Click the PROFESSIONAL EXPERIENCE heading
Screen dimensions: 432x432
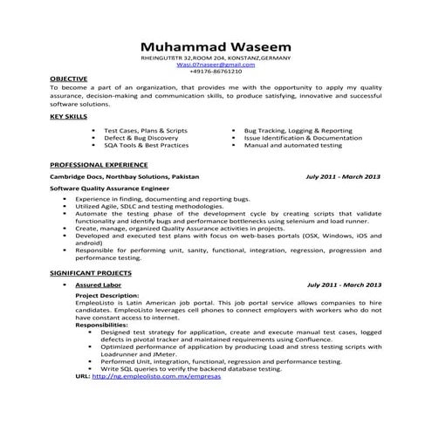pyautogui.click(x=99, y=164)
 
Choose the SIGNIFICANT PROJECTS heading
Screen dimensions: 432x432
pyautogui.click(x=92, y=273)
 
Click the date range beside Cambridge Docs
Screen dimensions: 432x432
pyautogui.click(x=343, y=175)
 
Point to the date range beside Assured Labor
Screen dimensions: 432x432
pyautogui.click(x=344, y=285)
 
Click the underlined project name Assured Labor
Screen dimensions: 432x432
pyautogui.click(x=96, y=285)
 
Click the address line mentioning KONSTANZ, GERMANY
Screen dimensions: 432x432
pyautogui.click(x=216, y=57)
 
